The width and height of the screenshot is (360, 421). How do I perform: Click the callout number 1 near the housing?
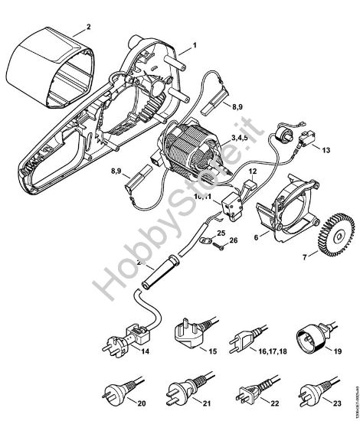click(x=194, y=46)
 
